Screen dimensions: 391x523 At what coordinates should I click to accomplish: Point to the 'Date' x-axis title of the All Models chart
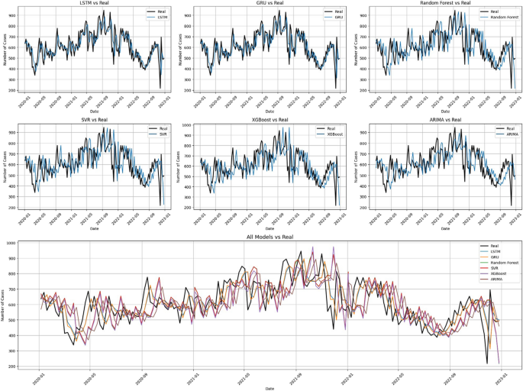(x=270, y=388)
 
